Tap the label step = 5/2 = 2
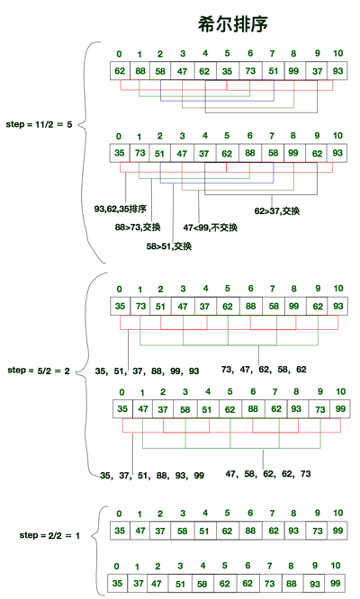[40, 370]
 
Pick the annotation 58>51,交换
[169, 246]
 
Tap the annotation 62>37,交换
[276, 210]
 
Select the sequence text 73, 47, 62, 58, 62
[264, 369]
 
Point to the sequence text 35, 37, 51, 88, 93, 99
[151, 475]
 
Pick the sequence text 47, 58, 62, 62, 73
[267, 472]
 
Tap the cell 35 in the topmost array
[228, 70]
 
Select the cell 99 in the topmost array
[294, 70]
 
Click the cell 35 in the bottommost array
[116, 584]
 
